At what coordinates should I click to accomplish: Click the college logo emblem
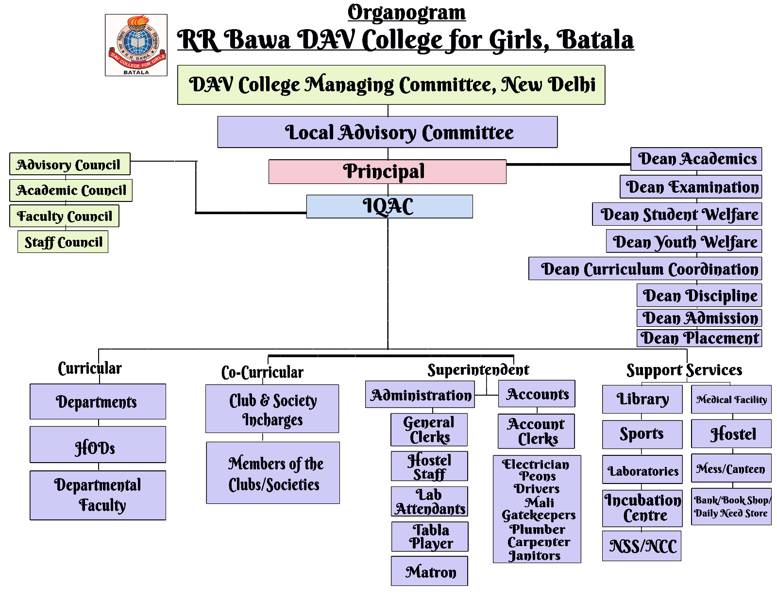(136, 45)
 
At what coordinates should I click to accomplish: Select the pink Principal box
(387, 172)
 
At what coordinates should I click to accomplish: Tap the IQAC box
(389, 206)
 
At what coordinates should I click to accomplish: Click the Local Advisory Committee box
(387, 132)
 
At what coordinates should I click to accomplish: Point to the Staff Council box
(63, 242)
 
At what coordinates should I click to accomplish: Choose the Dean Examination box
(691, 187)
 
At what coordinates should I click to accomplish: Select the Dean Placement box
(699, 338)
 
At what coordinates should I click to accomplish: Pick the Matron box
(429, 571)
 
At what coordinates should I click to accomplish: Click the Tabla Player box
(430, 536)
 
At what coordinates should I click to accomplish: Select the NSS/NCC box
(642, 546)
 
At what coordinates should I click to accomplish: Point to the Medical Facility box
(731, 400)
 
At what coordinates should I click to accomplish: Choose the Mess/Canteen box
(731, 468)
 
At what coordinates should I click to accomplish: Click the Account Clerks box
(536, 431)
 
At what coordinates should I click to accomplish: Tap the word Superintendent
(478, 370)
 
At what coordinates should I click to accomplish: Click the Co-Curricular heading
(262, 372)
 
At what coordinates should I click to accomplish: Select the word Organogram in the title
(406, 13)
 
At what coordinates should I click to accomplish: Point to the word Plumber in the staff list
(537, 529)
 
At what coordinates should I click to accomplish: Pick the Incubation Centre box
(642, 508)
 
